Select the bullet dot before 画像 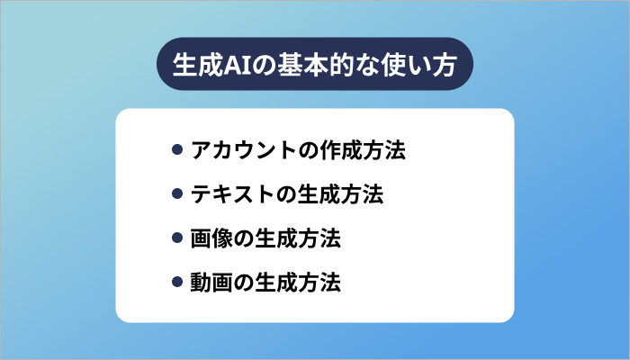(x=177, y=238)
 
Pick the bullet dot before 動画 (x=177, y=283)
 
